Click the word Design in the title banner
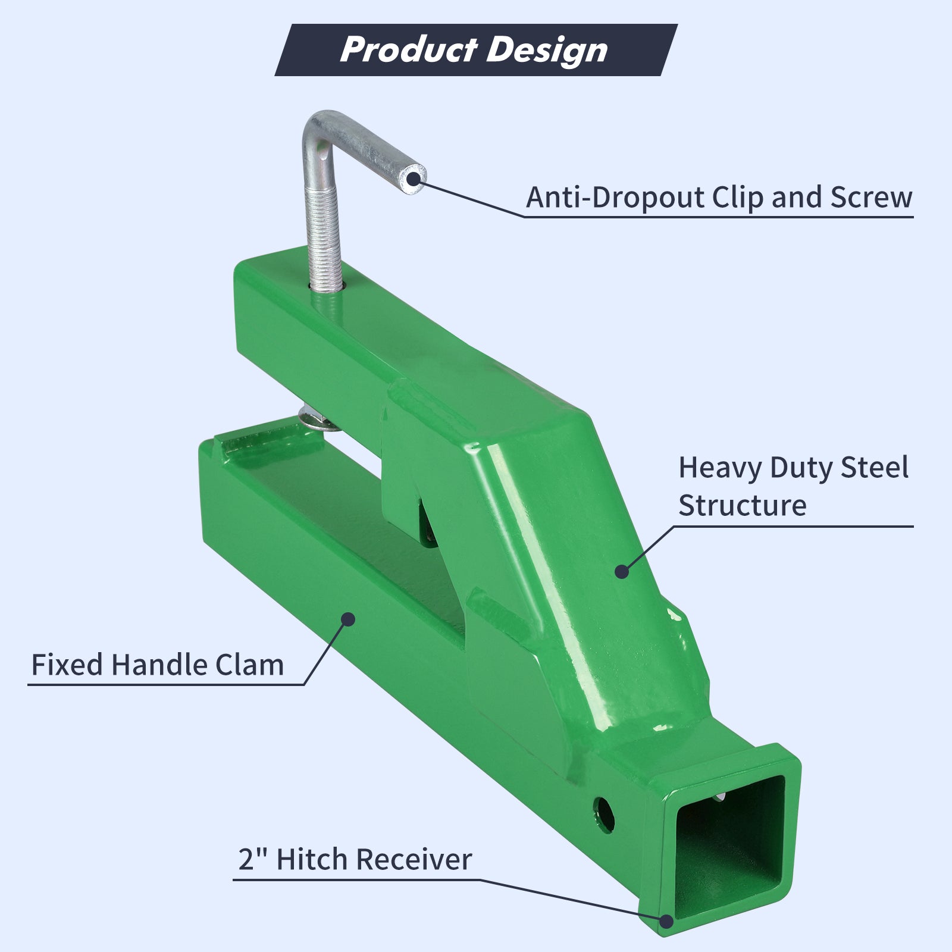547,51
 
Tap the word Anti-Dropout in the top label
615,197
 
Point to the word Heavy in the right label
719,468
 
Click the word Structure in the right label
743,506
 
